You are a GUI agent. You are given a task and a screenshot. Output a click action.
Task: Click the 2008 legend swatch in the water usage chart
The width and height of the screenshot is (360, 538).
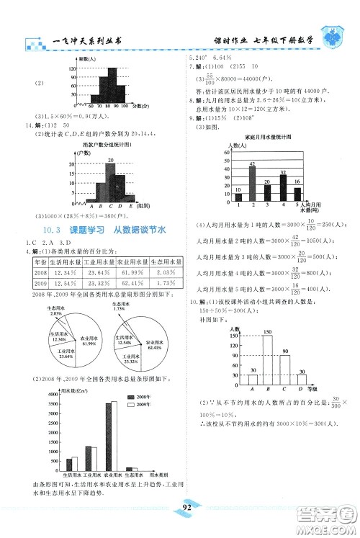[132, 398]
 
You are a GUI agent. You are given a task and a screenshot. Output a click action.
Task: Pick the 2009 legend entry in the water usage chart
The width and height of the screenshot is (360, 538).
[132, 405]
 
